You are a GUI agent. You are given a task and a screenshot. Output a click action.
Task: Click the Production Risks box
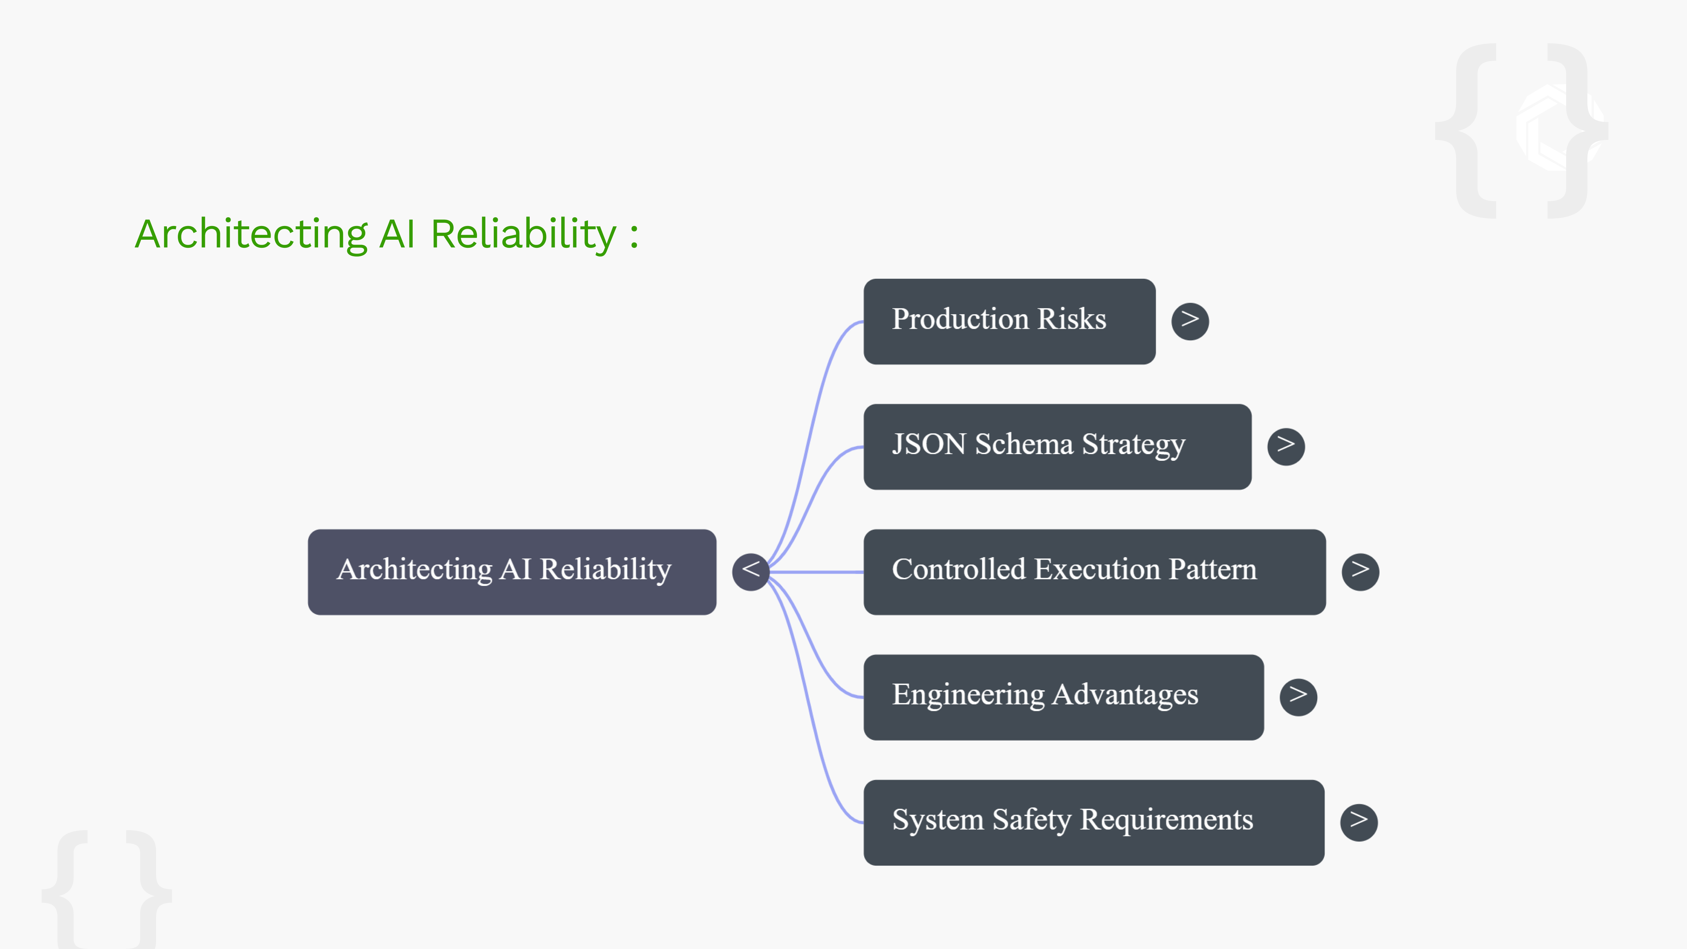pyautogui.click(x=1009, y=321)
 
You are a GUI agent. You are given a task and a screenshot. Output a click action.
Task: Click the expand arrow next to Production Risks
pyautogui.click(x=1190, y=321)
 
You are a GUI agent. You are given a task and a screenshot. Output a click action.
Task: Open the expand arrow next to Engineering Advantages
pyautogui.click(x=1298, y=697)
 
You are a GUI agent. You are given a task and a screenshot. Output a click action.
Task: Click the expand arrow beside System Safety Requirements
pyautogui.click(x=1358, y=822)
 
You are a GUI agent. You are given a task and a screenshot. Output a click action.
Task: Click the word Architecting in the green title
pyautogui.click(x=251, y=234)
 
